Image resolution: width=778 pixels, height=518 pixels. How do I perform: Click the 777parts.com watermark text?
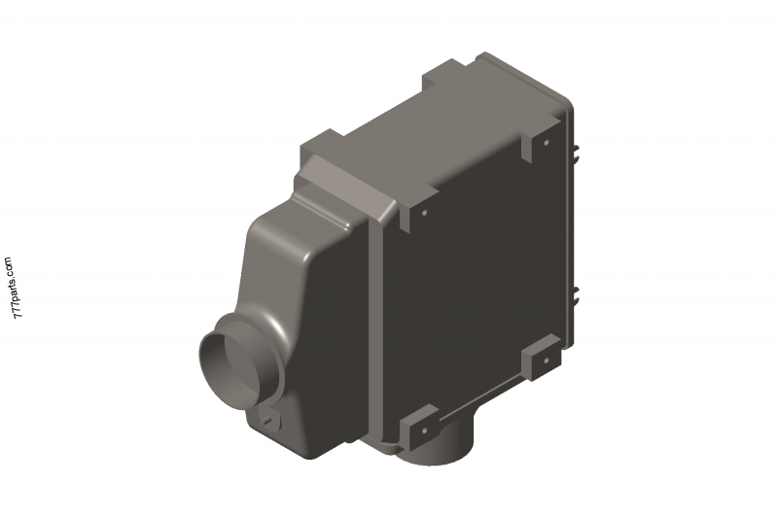pyautogui.click(x=11, y=291)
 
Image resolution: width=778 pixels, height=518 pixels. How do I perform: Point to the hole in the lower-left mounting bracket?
pyautogui.click(x=425, y=428)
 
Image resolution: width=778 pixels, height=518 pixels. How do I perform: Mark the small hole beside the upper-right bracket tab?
pyautogui.click(x=547, y=143)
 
